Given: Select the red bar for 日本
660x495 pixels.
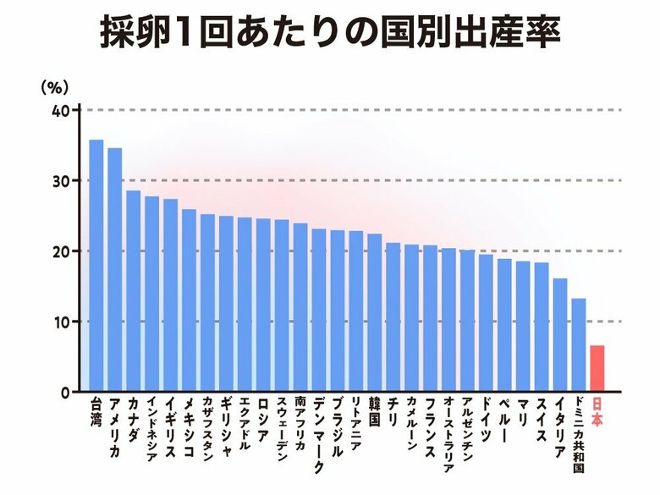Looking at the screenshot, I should click(597, 369).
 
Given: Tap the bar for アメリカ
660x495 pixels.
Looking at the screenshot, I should click(115, 270).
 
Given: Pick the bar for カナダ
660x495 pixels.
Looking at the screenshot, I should click(134, 291).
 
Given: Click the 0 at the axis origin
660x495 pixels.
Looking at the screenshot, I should click(64, 393).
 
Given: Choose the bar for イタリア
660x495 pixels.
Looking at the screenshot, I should click(559, 335).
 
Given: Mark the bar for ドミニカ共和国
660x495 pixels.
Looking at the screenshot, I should click(578, 345).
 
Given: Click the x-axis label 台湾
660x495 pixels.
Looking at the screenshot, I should click(96, 410).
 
